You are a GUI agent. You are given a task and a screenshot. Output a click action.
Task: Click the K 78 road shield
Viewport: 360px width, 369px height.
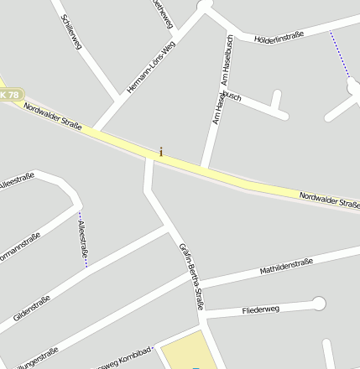tap(9, 96)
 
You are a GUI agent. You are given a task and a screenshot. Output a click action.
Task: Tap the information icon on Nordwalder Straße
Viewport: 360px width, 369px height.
tap(161, 152)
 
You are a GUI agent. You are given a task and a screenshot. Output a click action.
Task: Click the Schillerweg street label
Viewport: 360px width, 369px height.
tap(70, 34)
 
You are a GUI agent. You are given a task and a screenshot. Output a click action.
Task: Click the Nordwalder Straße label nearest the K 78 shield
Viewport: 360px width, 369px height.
tap(52, 116)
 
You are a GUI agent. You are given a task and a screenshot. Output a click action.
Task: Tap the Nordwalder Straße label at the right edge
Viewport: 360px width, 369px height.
tap(329, 200)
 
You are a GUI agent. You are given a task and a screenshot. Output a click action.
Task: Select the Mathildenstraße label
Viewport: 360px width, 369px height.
tap(285, 267)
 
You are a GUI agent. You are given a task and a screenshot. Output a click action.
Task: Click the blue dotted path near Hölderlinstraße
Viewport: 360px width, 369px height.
tap(339, 54)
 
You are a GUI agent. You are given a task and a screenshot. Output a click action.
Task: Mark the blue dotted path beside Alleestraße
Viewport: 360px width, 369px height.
tap(83, 243)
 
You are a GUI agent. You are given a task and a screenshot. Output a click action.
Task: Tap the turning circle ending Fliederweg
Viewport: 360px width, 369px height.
tap(318, 302)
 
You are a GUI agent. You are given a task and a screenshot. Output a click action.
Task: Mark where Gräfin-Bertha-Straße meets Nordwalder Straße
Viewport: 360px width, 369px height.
tap(150, 159)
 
